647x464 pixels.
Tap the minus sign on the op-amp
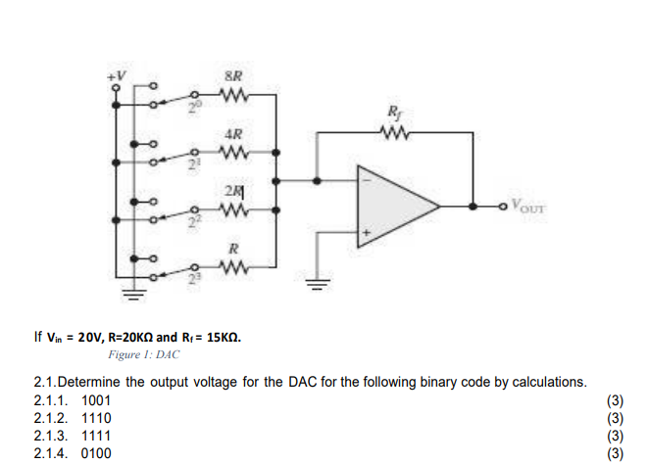[369, 180]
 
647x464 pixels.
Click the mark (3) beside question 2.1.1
[615, 400]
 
